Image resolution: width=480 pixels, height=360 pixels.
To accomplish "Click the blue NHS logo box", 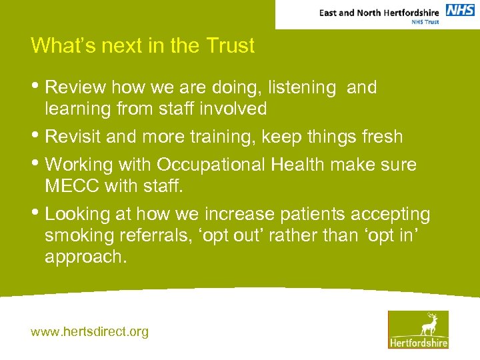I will (x=460, y=10).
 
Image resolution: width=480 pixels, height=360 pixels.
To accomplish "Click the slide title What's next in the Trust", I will (x=143, y=46).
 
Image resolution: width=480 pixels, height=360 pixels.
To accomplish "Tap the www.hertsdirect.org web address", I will (x=89, y=331).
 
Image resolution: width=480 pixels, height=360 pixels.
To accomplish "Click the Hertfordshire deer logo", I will (x=418, y=329).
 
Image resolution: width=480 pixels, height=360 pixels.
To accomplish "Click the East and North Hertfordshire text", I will (x=379, y=12).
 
